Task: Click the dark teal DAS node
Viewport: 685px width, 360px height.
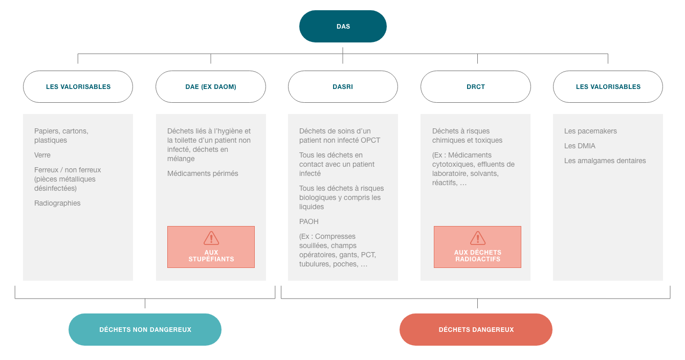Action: (343, 26)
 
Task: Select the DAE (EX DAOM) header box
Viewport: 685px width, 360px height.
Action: (211, 87)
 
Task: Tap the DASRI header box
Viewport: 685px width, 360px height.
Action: (343, 87)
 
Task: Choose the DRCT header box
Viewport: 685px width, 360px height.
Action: (476, 87)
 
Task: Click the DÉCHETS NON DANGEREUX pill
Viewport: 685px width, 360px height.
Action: (145, 329)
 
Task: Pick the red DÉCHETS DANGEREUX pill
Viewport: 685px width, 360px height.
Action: (476, 329)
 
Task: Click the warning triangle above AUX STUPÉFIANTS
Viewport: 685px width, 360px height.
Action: (211, 238)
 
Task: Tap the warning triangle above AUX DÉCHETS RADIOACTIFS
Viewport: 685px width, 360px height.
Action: (478, 238)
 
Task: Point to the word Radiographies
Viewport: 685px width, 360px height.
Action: (57, 203)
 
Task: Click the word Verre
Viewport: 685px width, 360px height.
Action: (42, 155)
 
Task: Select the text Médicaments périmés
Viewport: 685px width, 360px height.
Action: (203, 173)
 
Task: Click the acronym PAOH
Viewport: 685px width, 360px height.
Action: (309, 221)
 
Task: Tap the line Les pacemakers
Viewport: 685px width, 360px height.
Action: (590, 131)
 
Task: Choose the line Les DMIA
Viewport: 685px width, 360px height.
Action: (580, 146)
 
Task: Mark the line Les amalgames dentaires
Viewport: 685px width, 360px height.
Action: (605, 161)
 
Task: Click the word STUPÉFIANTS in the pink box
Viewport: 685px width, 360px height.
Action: (211, 259)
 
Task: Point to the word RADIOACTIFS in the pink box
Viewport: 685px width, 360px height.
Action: (478, 259)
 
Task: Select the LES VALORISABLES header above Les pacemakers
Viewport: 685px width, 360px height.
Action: (608, 87)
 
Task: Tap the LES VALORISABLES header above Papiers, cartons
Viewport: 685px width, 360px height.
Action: (78, 87)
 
